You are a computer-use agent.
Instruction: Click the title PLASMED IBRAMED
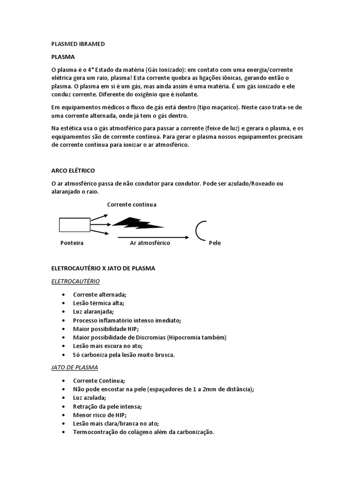point(78,44)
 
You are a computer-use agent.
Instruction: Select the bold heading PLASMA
point(63,57)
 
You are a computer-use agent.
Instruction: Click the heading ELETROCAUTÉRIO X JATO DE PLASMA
point(103,269)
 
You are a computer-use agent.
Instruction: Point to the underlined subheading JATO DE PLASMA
point(74,367)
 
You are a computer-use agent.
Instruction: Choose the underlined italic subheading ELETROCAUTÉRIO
point(75,281)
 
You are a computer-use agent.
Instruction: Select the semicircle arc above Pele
point(201,230)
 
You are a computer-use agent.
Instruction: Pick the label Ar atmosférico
point(150,243)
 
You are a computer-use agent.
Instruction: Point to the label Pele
point(215,243)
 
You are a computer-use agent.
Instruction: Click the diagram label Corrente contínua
point(132,205)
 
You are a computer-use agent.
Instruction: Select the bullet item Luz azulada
point(89,397)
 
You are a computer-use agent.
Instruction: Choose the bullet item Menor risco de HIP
point(100,415)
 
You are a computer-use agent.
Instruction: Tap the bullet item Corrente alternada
point(100,294)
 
